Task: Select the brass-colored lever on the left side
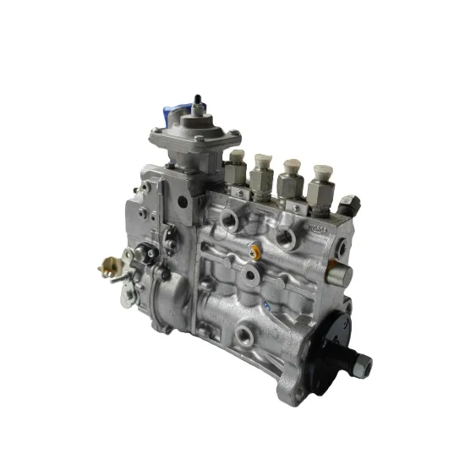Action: [111, 269]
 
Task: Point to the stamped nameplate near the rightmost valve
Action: [317, 228]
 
